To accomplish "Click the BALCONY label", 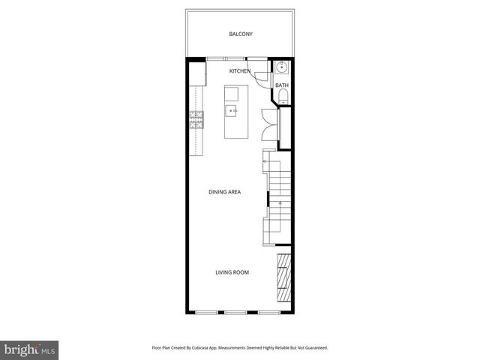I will coord(240,34).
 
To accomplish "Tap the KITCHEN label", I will coord(240,70).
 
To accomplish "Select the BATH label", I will coord(281,85).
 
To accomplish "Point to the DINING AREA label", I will coord(224,192).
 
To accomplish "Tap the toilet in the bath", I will coord(282,95).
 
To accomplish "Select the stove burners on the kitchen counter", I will coord(196,120).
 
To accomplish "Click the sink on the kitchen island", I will coord(232,111).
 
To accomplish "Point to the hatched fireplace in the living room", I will coord(283,277).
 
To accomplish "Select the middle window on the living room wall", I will coord(235,312).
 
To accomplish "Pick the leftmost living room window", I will coord(203,312).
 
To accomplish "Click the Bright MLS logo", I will coord(30,349).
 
